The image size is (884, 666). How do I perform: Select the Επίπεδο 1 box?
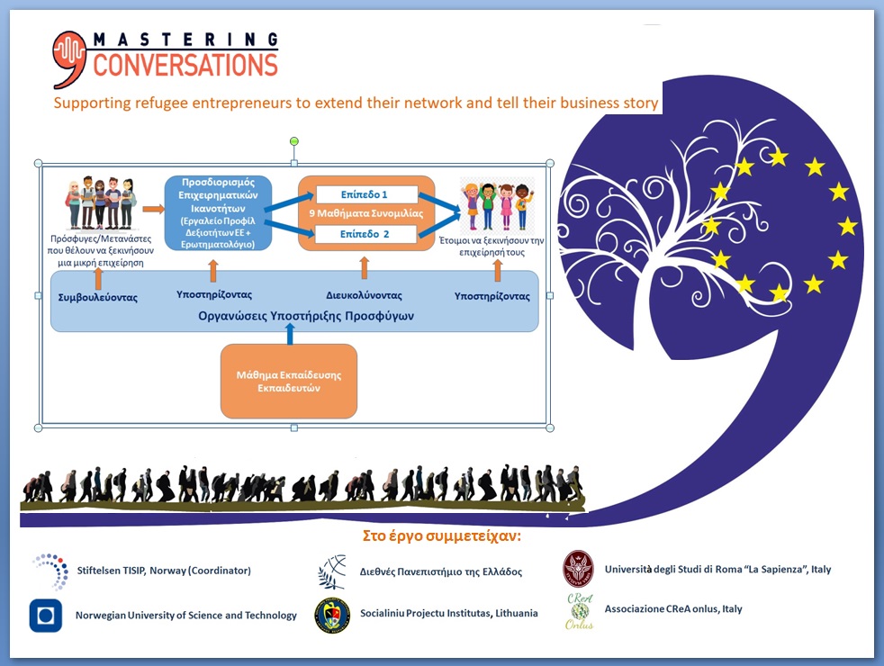[x=365, y=194]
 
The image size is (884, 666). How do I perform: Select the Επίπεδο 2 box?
[x=365, y=235]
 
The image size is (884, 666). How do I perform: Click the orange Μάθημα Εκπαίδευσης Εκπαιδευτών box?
[x=289, y=382]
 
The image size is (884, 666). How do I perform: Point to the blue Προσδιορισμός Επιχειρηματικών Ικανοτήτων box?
[x=218, y=212]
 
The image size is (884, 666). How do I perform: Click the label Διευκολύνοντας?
[x=364, y=295]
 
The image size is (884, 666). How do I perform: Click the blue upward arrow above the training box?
[x=289, y=334]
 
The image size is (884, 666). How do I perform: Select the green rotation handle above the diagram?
[x=293, y=141]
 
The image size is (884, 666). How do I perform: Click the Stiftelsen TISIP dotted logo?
[x=50, y=571]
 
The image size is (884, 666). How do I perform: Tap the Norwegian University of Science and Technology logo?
[x=45, y=616]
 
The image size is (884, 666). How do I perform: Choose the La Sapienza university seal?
[x=578, y=569]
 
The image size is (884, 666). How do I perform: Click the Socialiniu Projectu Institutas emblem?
[x=332, y=616]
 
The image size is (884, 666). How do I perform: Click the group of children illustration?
[x=496, y=205]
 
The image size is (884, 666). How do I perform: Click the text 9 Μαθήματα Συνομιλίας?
[x=365, y=214]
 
